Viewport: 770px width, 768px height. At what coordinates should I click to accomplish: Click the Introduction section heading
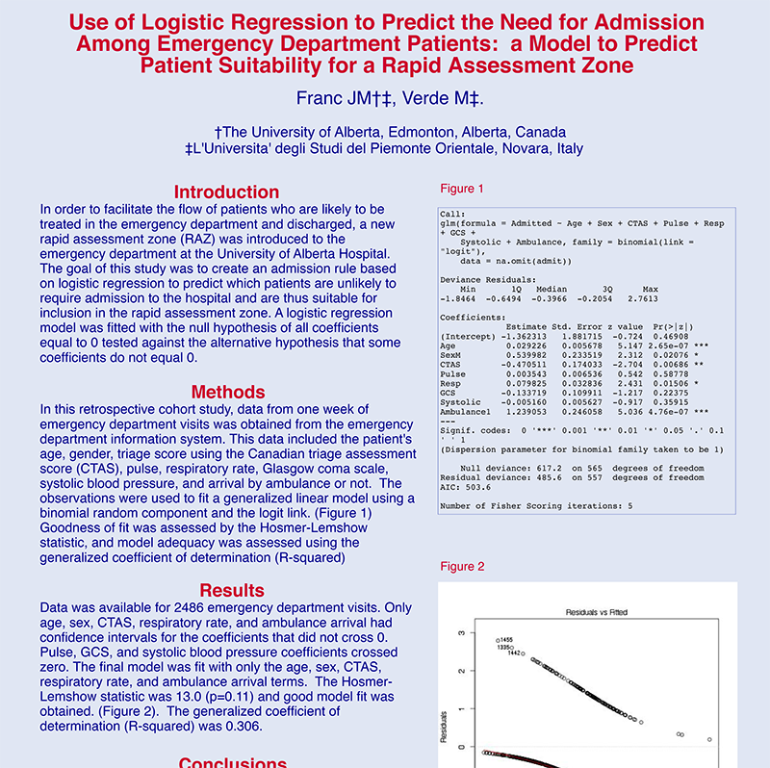(227, 192)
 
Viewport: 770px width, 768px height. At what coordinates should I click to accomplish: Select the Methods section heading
(227, 392)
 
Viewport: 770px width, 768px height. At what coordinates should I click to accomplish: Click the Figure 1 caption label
(462, 189)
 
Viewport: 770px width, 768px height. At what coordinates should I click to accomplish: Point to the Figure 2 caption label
(462, 566)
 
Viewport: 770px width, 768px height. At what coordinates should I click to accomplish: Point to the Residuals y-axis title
(443, 727)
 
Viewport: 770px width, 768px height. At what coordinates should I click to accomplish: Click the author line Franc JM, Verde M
(389, 98)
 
